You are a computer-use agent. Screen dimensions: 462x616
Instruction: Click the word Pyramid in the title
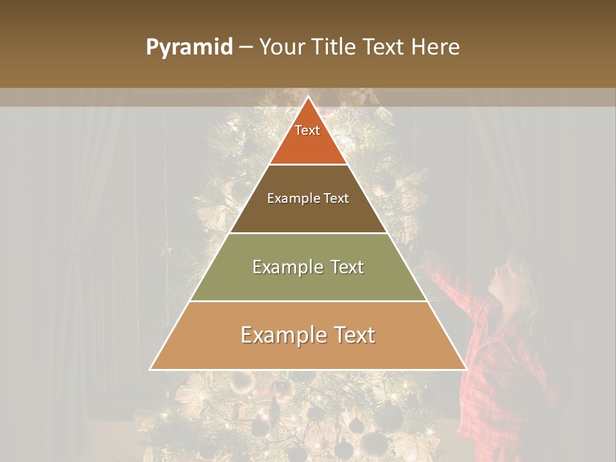tap(189, 47)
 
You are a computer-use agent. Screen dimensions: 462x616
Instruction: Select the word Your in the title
tap(282, 47)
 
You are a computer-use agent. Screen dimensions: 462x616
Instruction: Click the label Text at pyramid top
tap(307, 130)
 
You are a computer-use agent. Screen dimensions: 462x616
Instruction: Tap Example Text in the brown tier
tap(308, 198)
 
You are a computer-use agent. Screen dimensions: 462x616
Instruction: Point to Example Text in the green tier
tap(308, 267)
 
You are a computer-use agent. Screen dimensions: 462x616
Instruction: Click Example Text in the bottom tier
tap(308, 335)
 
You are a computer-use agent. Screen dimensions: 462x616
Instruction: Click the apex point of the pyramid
tap(308, 97)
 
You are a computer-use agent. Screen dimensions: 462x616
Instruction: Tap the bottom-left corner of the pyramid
tap(151, 369)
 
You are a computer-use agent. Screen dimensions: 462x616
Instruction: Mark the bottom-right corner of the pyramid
tap(466, 369)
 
